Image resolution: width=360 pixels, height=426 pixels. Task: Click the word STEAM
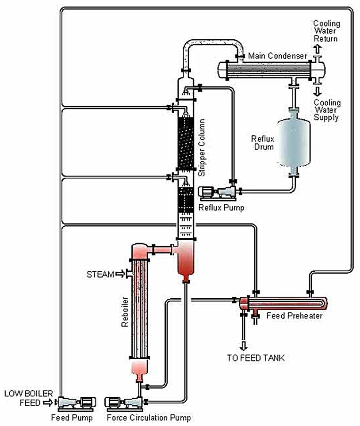click(x=100, y=274)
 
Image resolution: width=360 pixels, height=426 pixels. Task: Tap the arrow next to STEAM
click(x=119, y=274)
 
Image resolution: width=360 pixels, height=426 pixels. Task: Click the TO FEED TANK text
click(x=256, y=358)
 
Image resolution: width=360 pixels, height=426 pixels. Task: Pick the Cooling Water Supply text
click(x=327, y=110)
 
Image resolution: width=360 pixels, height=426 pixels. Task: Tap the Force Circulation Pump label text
click(x=149, y=418)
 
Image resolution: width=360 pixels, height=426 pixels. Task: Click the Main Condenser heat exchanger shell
click(x=270, y=70)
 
